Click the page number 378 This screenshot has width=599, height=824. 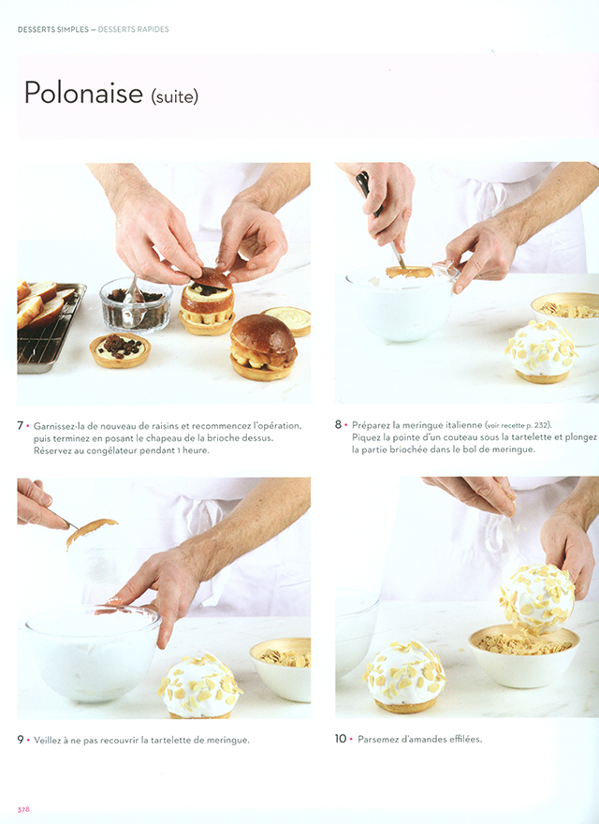click(x=23, y=809)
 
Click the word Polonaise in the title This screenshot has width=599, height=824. click(x=83, y=93)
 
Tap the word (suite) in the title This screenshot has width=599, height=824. click(x=174, y=96)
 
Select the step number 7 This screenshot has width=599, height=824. click(x=21, y=425)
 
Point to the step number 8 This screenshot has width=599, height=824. click(x=339, y=424)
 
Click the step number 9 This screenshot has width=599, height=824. click(x=21, y=740)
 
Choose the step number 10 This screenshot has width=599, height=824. click(x=341, y=739)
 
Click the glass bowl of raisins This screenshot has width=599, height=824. click(x=136, y=305)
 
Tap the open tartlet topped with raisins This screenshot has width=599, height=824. click(x=120, y=349)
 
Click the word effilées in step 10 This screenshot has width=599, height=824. click(x=465, y=739)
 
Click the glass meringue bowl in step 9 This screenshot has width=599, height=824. click(x=93, y=652)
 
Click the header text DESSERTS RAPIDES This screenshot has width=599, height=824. click(x=134, y=29)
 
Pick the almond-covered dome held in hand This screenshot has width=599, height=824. click(x=537, y=598)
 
